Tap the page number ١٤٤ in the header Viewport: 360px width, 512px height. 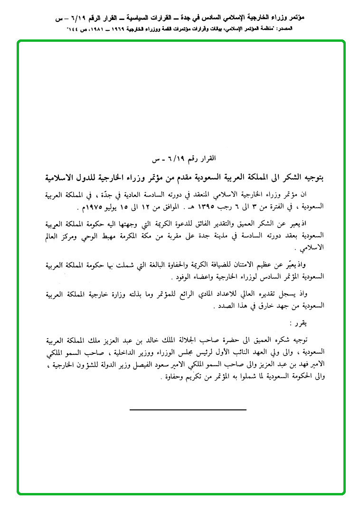[x=74, y=29]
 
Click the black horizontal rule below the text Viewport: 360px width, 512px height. [x=188, y=409]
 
